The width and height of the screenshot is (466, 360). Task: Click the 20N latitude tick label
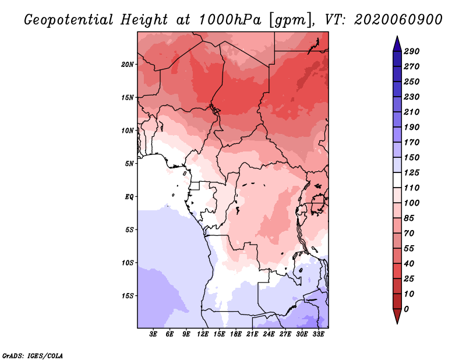coord(128,65)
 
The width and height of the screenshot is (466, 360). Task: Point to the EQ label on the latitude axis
coord(129,197)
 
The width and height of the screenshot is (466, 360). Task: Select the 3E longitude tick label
coord(153,334)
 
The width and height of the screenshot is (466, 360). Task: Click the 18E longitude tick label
coord(236,334)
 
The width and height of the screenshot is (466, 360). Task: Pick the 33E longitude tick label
coord(318,334)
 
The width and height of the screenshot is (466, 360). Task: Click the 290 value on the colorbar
coord(412,51)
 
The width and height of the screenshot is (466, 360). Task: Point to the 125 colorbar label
coord(412,172)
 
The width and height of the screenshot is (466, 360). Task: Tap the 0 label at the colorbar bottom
coord(406,309)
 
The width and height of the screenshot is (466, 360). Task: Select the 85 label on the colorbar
coord(409,218)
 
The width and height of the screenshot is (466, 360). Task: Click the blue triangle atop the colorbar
coord(397,44)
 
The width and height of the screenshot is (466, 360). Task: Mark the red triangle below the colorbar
coord(397,316)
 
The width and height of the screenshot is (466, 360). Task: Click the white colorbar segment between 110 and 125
coord(397,180)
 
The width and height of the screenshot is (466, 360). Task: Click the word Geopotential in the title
coord(69,20)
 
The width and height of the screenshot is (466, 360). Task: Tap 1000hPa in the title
coord(230,20)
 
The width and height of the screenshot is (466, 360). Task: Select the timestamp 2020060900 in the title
coord(398,20)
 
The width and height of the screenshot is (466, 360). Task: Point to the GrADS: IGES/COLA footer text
coord(33,356)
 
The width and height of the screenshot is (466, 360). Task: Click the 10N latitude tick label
coord(128,130)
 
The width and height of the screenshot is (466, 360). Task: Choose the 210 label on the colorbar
coord(412,112)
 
